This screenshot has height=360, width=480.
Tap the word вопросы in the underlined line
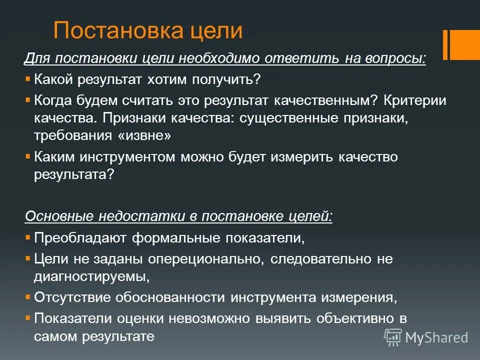(397, 58)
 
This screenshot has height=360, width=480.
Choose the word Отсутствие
(72, 297)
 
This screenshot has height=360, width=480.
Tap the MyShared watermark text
(436, 337)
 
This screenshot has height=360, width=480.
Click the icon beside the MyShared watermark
(393, 337)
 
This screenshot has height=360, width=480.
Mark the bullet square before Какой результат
(27, 78)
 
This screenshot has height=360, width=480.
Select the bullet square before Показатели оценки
(27, 317)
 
